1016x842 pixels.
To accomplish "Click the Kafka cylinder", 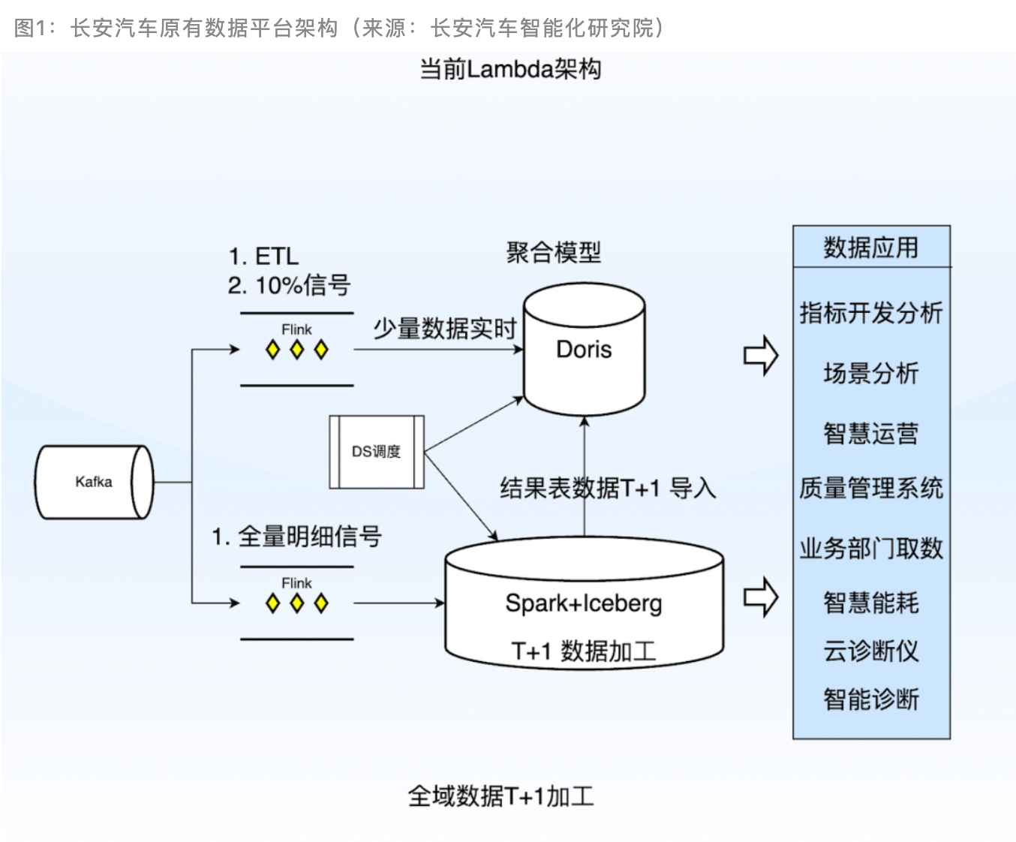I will click(x=94, y=482).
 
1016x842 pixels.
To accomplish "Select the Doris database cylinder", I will click(x=584, y=350).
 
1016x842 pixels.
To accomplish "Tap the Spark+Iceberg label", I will click(x=584, y=603).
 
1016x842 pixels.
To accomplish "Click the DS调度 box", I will click(x=377, y=452).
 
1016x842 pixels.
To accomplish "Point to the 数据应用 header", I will click(x=871, y=247).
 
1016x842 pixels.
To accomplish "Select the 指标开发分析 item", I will click(x=871, y=312).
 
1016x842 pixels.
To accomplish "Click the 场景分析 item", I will click(x=871, y=372).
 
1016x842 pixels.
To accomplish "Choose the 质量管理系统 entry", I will click(x=871, y=489).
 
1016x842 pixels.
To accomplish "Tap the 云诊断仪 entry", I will click(x=871, y=651).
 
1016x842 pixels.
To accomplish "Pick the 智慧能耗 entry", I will click(x=871, y=602).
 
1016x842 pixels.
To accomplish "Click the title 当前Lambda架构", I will click(x=510, y=69).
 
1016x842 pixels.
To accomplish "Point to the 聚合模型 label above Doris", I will click(x=554, y=252).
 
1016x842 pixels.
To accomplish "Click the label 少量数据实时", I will click(x=445, y=328).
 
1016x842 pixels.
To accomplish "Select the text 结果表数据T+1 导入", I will click(x=608, y=489).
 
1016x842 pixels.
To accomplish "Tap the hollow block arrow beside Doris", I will click(x=761, y=355).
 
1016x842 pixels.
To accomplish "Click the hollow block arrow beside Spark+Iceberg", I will click(x=761, y=597).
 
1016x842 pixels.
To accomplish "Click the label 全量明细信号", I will click(x=309, y=537).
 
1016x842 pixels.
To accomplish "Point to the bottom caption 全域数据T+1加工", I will click(x=500, y=795).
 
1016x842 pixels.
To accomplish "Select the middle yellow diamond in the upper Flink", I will click(x=297, y=350).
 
